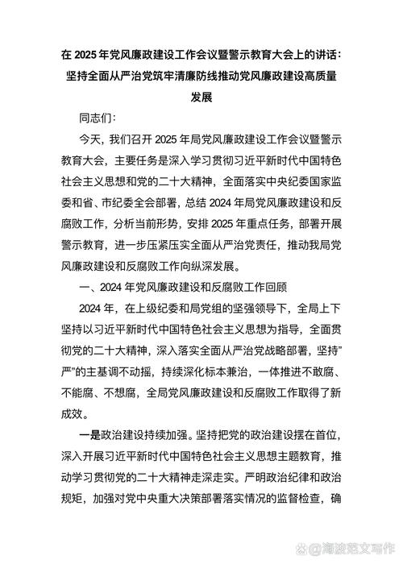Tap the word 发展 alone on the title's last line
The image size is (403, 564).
point(201,96)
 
